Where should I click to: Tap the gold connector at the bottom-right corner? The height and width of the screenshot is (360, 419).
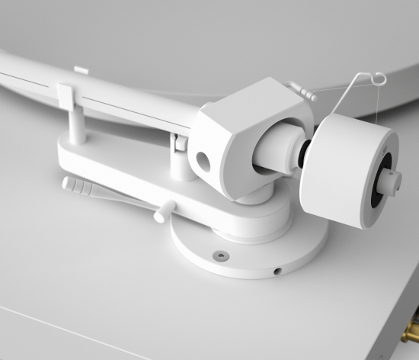pyautogui.click(x=411, y=333)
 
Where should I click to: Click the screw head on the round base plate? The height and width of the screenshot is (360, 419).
pyautogui.click(x=220, y=256)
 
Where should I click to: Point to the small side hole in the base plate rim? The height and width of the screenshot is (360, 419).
pyautogui.click(x=278, y=270)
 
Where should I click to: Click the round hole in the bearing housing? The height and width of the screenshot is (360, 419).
pyautogui.click(x=203, y=160)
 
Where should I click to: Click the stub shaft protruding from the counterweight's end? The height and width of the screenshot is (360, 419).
pyautogui.click(x=393, y=182)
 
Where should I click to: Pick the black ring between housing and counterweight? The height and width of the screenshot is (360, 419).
pyautogui.click(x=303, y=156)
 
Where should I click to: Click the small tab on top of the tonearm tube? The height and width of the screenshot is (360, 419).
pyautogui.click(x=82, y=71)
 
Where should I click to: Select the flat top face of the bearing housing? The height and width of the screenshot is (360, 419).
pyautogui.click(x=255, y=103)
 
